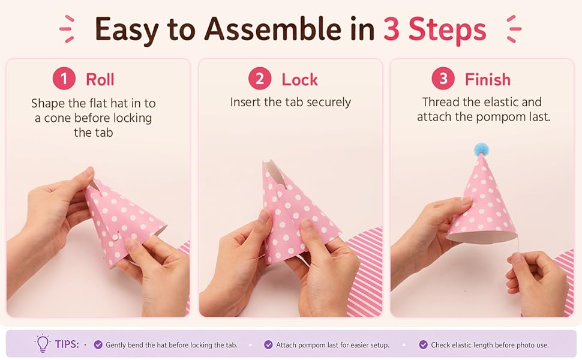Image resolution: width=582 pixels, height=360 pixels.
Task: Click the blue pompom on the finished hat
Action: pos(481,149)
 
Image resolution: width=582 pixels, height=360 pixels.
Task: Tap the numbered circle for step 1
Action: pos(64,79)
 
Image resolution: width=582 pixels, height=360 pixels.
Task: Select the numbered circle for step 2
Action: pos(260,79)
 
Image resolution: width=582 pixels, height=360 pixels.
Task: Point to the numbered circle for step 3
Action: pos(443,79)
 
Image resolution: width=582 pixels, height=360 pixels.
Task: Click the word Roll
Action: pos(100,79)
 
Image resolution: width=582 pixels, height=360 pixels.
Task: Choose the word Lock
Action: pos(299,79)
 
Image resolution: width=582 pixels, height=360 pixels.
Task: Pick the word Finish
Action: pos(488,79)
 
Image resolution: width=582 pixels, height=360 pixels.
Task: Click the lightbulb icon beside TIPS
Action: pos(43,343)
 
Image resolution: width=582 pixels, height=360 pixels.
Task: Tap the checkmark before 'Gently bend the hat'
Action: pos(98,345)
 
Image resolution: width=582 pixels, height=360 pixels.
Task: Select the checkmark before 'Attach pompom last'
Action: pos(268,345)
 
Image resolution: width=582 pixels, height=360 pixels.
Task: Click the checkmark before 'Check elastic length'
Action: pos(423,345)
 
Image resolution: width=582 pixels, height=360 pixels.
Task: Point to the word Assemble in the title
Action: pos(273,29)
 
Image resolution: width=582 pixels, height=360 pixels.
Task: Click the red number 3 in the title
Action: pos(392,29)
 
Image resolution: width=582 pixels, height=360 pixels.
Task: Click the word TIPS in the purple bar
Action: pos(67,344)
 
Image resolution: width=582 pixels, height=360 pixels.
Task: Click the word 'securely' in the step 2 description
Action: pos(329,103)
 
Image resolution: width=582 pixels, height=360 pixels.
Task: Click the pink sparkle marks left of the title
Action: pos(67,29)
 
